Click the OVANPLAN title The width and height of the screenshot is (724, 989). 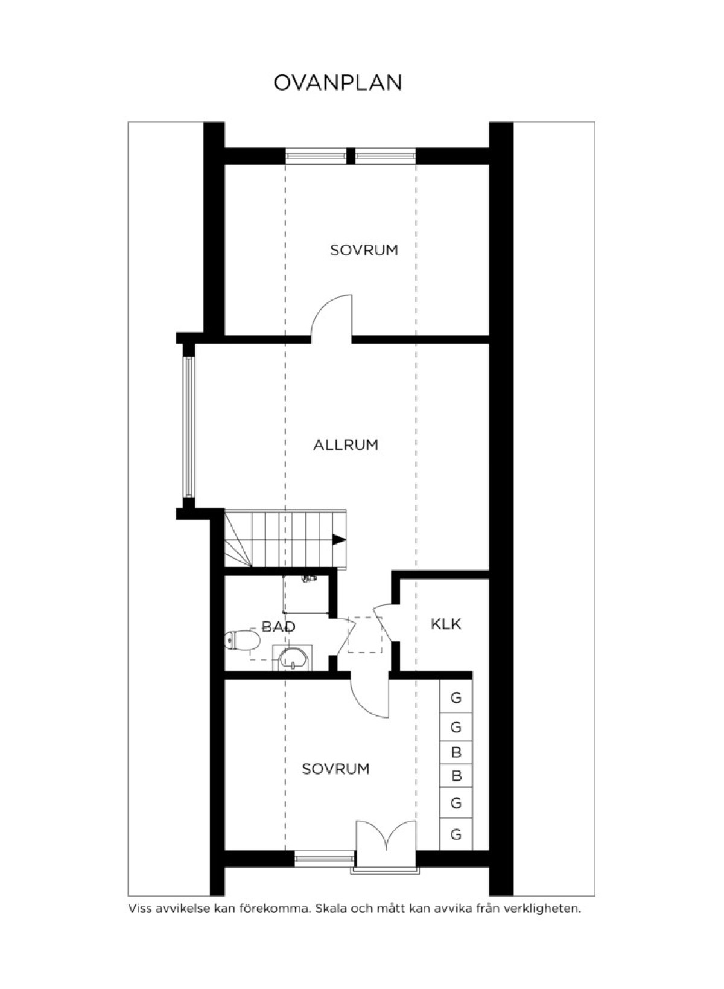337,83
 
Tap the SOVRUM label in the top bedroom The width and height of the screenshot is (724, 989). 364,250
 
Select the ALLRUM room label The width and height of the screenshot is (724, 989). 346,444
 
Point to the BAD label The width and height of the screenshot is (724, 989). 278,627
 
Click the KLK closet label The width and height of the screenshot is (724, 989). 446,624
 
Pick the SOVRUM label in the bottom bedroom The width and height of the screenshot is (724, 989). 335,769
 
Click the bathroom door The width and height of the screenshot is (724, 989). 346,635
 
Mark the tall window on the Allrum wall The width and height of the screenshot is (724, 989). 189,426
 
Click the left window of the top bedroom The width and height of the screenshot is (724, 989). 316,155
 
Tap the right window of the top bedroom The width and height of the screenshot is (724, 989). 386,155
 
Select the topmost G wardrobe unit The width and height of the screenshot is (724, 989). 456,697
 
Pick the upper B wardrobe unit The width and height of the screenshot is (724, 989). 456,752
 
